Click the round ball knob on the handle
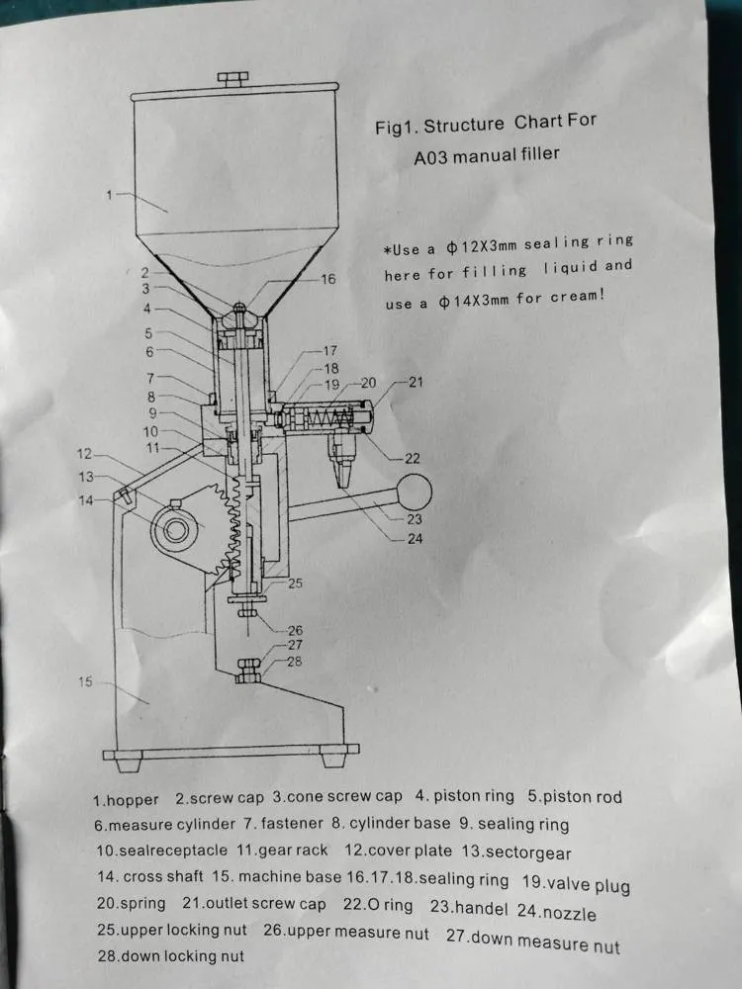point(415,492)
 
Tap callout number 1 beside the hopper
point(109,195)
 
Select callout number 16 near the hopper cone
point(328,279)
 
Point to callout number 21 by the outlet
point(416,382)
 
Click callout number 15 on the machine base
point(85,681)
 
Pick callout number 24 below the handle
point(415,539)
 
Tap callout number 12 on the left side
point(84,454)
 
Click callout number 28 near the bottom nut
point(294,661)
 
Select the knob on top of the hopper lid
point(232,79)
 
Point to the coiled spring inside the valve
point(327,417)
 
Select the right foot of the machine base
point(332,757)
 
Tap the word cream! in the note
point(577,296)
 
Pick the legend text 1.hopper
point(126,800)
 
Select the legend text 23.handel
point(469,908)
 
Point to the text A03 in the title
point(430,157)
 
